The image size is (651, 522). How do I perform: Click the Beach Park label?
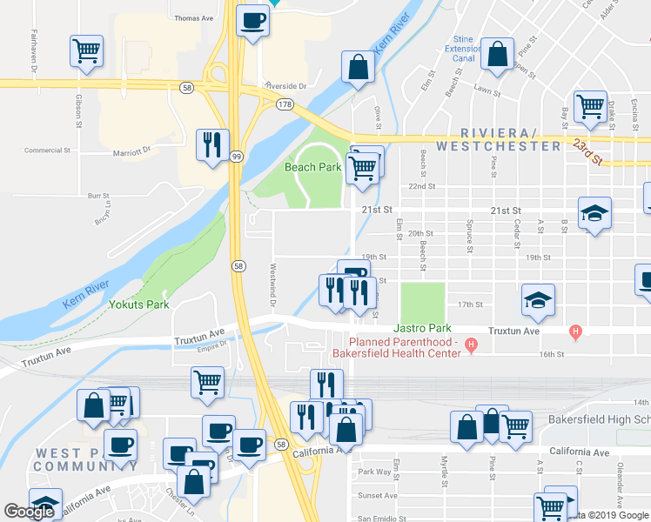point(312,167)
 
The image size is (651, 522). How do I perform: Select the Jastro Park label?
point(422,329)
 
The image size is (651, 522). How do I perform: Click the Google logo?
point(29,512)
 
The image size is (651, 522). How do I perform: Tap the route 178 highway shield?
point(284,104)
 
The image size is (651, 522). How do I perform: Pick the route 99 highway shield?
point(237,156)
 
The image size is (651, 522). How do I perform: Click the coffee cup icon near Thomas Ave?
point(252,21)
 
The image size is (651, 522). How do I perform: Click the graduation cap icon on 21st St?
point(594,213)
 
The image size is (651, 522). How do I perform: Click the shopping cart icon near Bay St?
point(590,107)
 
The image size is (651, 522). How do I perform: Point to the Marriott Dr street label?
point(132,152)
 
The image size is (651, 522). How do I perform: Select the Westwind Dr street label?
point(272,285)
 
